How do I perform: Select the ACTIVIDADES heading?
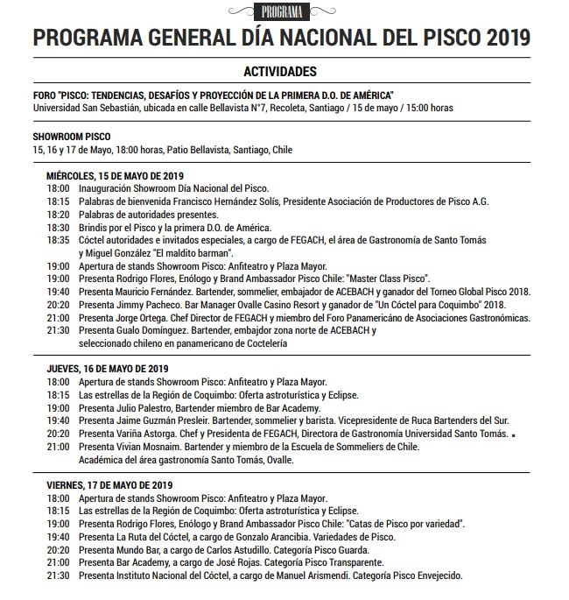click(x=281, y=72)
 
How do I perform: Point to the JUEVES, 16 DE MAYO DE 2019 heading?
click(x=108, y=370)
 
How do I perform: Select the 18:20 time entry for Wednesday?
click(x=58, y=214)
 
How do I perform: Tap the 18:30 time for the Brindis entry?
click(x=58, y=226)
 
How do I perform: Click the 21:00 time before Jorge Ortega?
click(x=58, y=317)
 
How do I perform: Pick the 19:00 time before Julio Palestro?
click(x=58, y=408)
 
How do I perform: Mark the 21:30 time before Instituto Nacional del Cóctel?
click(x=58, y=576)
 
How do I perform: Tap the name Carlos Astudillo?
click(x=234, y=550)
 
